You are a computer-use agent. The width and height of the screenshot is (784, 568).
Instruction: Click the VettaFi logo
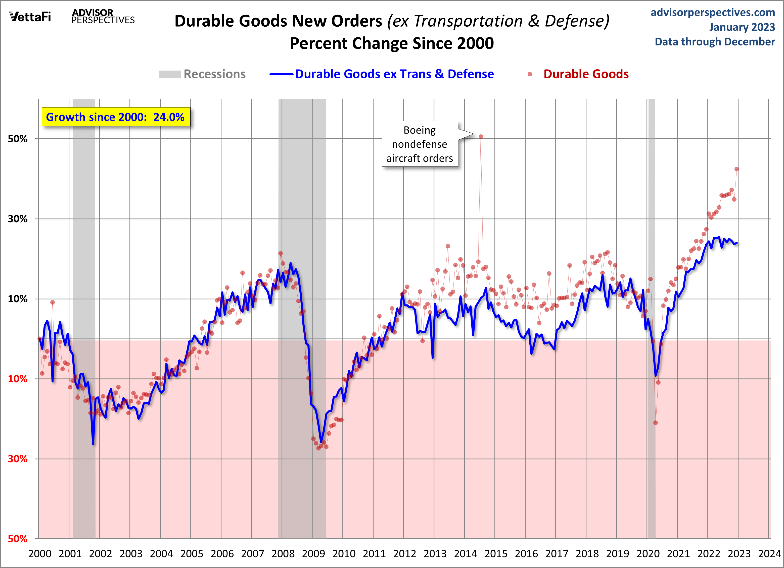coord(30,17)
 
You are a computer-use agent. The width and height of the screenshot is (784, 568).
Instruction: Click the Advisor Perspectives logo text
coord(103,17)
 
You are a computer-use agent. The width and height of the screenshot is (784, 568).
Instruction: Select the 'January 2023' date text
coord(742,27)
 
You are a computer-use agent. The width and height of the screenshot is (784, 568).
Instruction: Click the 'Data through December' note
coord(715,42)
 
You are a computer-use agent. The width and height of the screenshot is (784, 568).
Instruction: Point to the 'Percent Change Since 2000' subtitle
coord(392,43)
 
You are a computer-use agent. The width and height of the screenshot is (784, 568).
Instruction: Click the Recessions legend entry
coord(202,74)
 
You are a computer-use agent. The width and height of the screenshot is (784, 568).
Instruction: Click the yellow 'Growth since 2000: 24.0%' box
coord(116,117)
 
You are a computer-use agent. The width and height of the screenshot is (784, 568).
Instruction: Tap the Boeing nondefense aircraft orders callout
coord(420,144)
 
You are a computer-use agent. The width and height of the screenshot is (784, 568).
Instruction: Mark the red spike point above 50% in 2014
coord(481,137)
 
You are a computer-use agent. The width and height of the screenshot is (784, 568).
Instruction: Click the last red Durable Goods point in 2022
coord(737,169)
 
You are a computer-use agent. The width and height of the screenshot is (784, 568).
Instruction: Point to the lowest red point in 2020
coord(655,423)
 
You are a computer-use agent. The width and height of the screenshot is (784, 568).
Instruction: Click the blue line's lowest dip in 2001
coord(93,444)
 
